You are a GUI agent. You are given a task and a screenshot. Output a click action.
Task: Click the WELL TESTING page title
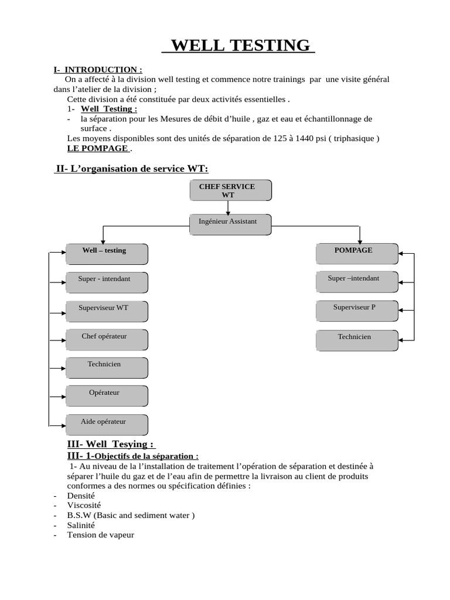pyautogui.click(x=238, y=45)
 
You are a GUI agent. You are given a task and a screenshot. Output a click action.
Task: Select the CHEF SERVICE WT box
pyautogui.click(x=231, y=191)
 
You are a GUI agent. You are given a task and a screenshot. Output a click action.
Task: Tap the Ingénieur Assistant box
pyautogui.click(x=231, y=224)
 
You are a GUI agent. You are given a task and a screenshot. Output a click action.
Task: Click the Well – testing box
pyautogui.click(x=107, y=254)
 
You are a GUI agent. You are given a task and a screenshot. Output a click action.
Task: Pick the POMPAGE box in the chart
pyautogui.click(x=357, y=253)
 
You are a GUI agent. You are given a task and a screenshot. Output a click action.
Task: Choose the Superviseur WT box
pyautogui.click(x=107, y=311)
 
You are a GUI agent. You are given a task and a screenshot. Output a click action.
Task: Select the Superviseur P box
pyautogui.click(x=357, y=310)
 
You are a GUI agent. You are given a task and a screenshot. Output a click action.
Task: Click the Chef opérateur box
pyautogui.click(x=107, y=339)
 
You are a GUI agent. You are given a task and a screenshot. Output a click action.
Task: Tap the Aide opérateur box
pyautogui.click(x=107, y=424)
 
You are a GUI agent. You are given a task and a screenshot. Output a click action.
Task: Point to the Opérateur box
pyautogui.click(x=107, y=396)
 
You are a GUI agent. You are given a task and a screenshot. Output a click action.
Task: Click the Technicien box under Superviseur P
pyautogui.click(x=357, y=339)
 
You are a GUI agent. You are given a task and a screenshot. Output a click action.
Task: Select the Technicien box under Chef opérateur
pyautogui.click(x=107, y=367)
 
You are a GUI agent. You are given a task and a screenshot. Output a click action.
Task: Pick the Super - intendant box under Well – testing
pyautogui.click(x=107, y=282)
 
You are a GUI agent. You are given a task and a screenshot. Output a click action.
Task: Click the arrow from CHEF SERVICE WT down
pyautogui.click(x=227, y=207)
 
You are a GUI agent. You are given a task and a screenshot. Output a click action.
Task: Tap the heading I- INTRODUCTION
pyautogui.click(x=98, y=70)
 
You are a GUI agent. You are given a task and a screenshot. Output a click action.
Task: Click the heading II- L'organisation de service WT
pyautogui.click(x=132, y=169)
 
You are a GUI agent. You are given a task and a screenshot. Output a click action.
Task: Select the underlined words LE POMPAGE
pyautogui.click(x=97, y=148)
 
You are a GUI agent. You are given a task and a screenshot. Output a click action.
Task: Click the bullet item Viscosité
pyautogui.click(x=84, y=505)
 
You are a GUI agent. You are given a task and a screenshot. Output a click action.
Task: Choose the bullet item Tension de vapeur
pyautogui.click(x=100, y=535)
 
